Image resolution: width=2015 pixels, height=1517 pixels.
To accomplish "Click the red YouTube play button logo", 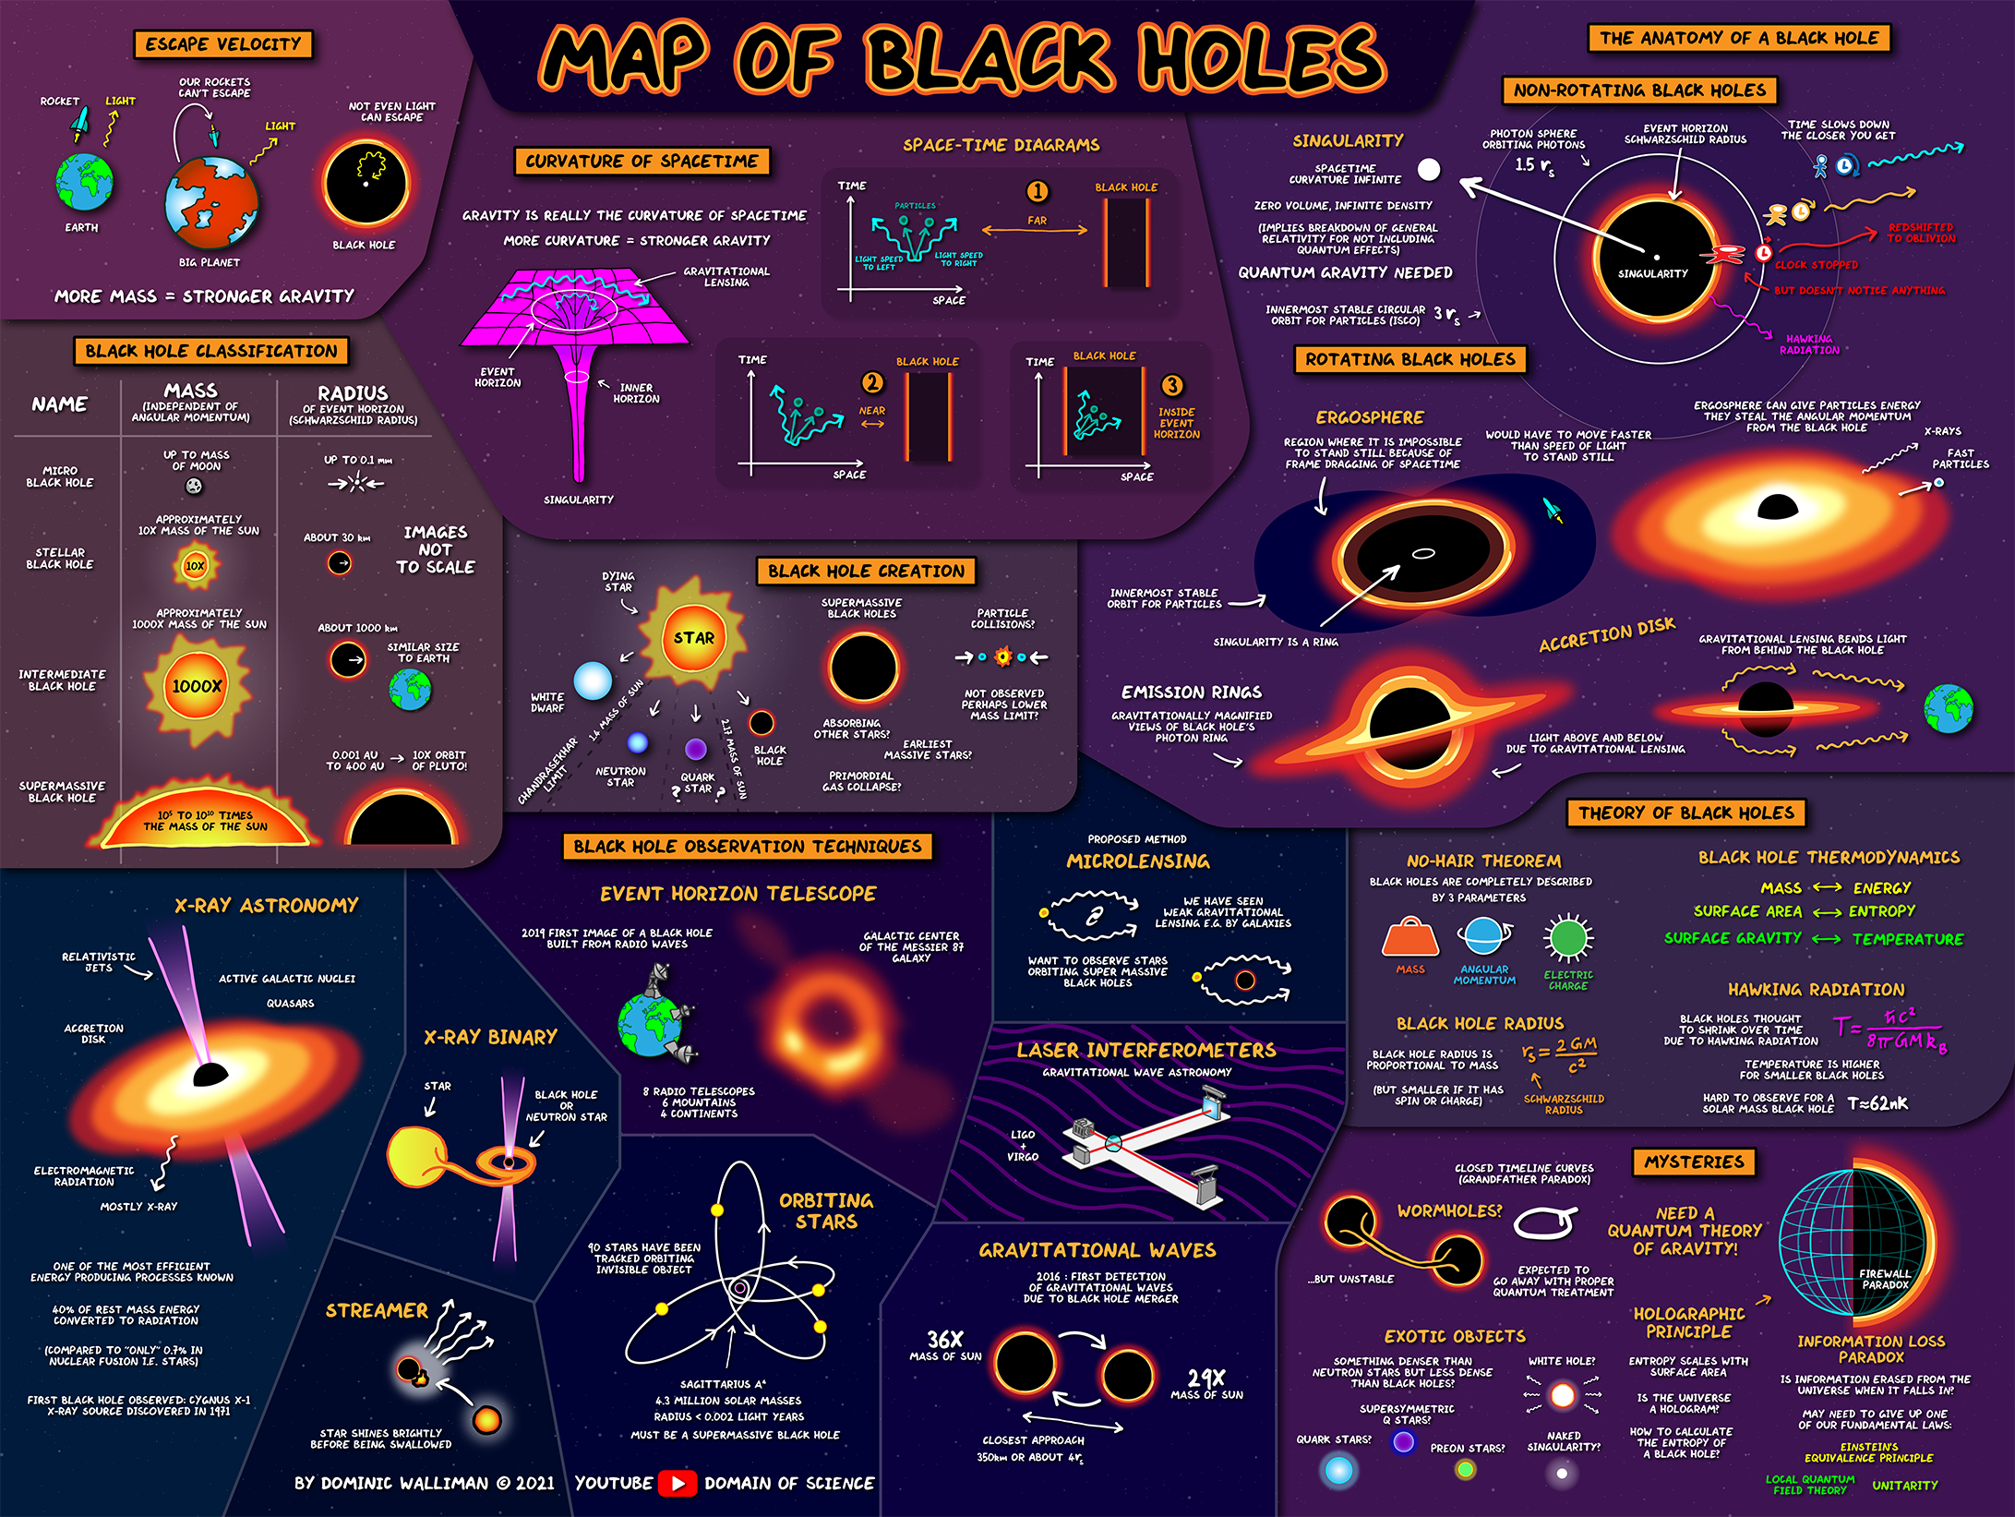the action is coord(678,1483).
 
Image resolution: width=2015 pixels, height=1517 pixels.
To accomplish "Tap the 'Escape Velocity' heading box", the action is coord(223,44).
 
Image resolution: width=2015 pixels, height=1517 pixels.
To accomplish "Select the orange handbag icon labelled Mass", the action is coord(1409,938).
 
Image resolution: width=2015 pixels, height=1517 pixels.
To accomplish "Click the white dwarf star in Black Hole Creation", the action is coord(593,680).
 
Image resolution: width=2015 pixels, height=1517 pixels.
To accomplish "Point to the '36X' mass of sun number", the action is coord(945,1340).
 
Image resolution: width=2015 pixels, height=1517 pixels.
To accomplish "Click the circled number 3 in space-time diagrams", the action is coord(1171,385).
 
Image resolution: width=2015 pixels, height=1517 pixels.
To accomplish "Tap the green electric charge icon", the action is coord(1567,938).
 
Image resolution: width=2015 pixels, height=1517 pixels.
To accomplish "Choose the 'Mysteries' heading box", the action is coord(1695,1162).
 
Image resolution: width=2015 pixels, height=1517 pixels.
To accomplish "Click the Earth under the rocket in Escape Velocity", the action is coord(84,182).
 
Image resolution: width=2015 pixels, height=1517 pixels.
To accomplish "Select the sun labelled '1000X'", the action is coord(197,686).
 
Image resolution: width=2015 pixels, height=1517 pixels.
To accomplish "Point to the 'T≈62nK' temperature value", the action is coord(1877,1103).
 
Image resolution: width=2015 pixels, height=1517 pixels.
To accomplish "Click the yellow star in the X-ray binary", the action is coord(418,1156).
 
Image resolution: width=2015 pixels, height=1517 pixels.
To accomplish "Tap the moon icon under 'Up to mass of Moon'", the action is coord(194,486).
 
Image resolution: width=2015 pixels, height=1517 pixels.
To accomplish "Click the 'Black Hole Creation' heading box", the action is coord(866,571).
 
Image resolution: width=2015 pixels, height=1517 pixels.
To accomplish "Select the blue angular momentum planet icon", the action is coord(1483,936).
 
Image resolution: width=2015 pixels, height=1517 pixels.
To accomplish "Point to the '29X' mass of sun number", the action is coord(1206,1379).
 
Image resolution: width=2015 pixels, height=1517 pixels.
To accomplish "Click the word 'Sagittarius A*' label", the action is coord(723,1384).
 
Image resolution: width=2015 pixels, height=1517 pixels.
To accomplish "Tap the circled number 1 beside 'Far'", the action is coord(1037,191).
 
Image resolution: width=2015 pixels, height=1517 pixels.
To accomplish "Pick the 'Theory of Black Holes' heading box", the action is coord(1686,813).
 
